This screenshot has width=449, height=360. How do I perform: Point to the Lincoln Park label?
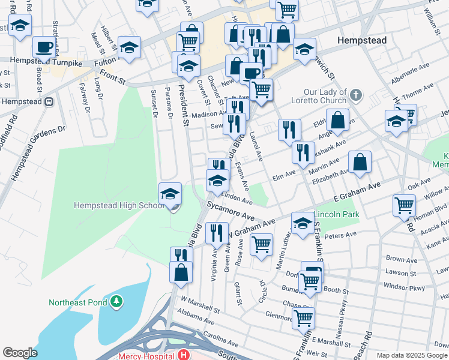pyautogui.click(x=337, y=214)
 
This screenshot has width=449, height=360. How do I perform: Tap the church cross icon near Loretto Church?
pyautogui.click(x=356, y=94)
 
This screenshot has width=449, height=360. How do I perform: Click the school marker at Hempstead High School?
pyautogui.click(x=170, y=193)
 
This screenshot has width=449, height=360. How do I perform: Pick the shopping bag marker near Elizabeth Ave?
pyautogui.click(x=360, y=162)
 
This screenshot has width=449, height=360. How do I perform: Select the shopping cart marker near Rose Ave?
pyautogui.click(x=261, y=244)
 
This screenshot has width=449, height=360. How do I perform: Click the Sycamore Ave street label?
pyautogui.click(x=232, y=211)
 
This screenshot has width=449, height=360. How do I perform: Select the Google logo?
pyautogui.click(x=20, y=353)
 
